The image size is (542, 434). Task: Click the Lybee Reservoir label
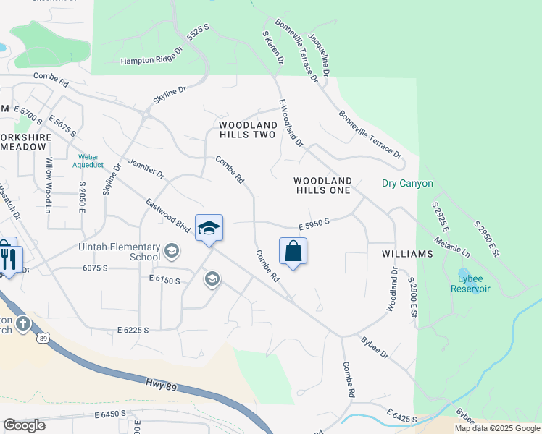click(474, 283)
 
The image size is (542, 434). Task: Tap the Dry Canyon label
click(407, 184)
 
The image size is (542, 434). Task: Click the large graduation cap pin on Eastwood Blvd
click(209, 228)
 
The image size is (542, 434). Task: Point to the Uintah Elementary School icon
click(172, 251)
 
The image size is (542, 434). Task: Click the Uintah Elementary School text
click(120, 251)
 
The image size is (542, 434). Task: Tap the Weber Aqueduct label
click(89, 160)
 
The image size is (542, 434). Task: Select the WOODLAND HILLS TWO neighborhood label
click(247, 129)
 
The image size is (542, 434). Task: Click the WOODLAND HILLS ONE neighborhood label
click(322, 185)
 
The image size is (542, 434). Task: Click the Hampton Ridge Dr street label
click(148, 61)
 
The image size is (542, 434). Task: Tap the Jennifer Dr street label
click(147, 169)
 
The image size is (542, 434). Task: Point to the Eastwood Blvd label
click(167, 216)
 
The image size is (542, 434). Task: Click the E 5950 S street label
click(314, 224)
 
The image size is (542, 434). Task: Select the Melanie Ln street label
click(453, 245)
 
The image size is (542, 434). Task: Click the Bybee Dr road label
click(375, 347)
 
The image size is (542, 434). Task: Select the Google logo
click(24, 425)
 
